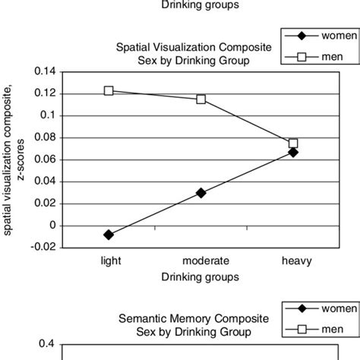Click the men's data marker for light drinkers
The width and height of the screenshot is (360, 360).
109,91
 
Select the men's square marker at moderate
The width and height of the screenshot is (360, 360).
201,99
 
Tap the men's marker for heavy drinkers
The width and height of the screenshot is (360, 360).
293,143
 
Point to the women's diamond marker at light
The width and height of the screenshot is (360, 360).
109,235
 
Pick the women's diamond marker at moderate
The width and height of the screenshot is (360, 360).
201,193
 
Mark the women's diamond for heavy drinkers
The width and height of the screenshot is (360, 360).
293,152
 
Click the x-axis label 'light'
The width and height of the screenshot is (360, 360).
110,259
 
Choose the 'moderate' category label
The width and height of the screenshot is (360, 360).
201,259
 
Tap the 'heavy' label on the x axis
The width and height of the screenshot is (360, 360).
293,259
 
